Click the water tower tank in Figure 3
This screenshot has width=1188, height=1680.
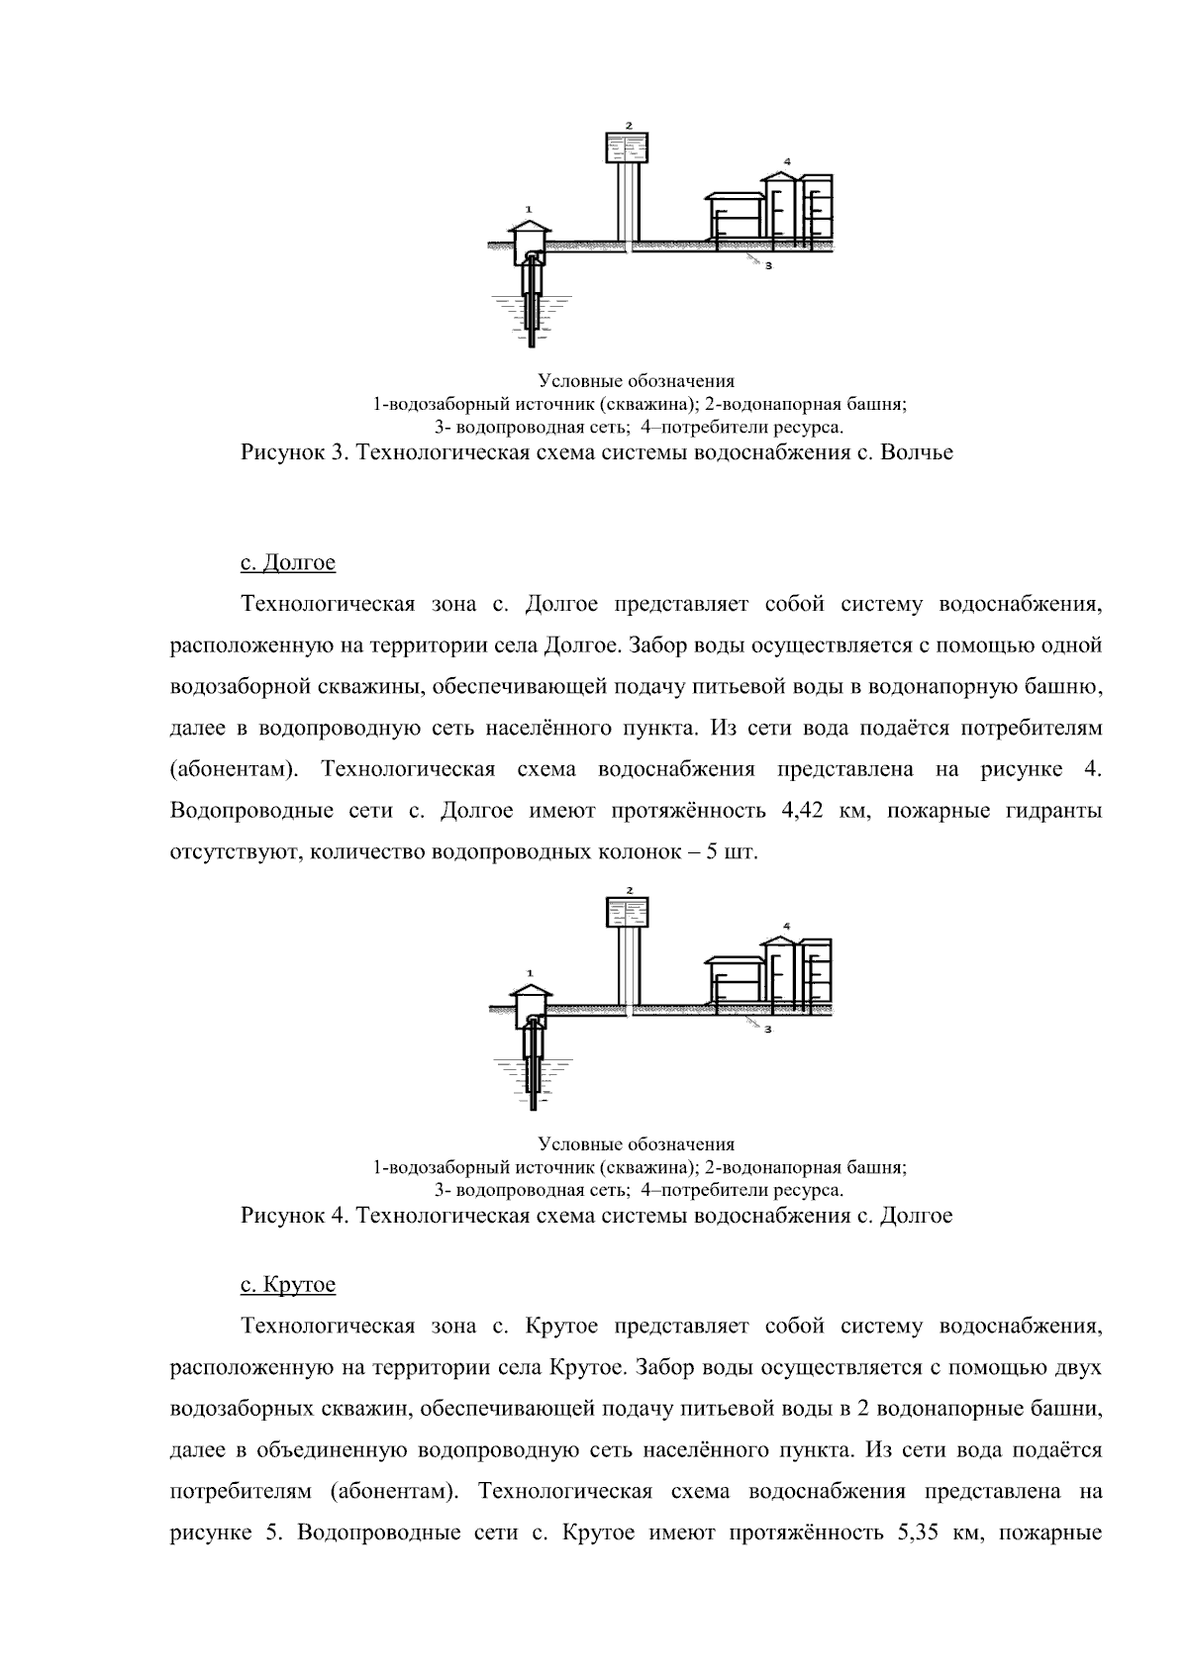626,148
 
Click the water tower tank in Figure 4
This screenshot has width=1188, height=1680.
626,912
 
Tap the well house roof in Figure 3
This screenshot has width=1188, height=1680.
531,227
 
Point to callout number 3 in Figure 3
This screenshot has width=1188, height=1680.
767,265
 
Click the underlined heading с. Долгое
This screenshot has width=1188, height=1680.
288,562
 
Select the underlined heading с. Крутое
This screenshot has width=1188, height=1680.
288,1284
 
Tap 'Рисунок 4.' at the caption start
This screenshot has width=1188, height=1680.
294,1215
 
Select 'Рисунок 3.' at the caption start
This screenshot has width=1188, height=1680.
294,453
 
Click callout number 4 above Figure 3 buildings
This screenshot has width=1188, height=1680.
786,159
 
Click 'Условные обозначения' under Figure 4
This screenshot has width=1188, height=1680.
636,1144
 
